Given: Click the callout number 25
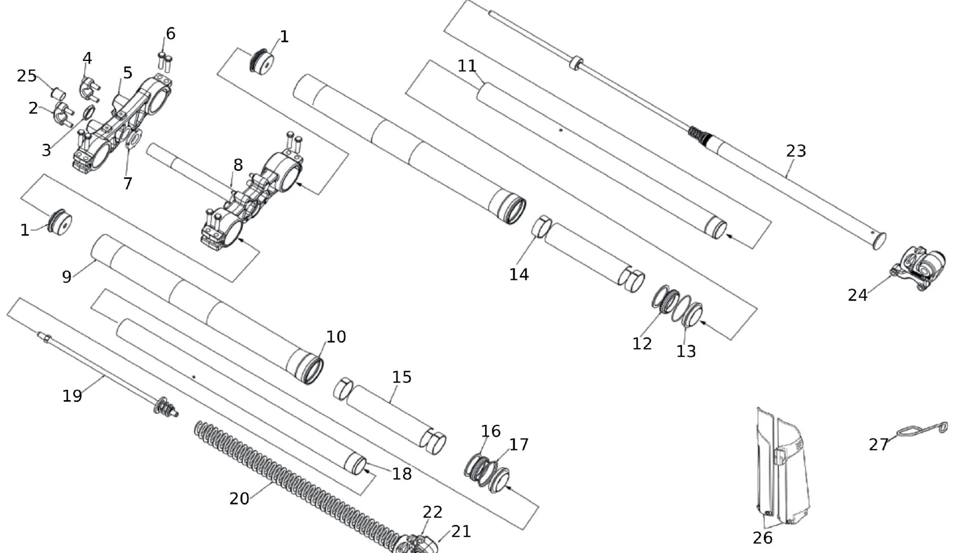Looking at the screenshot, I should (x=27, y=76).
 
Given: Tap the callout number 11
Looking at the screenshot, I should (x=467, y=66).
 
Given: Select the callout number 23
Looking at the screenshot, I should (x=796, y=151).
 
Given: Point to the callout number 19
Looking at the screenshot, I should (x=72, y=396).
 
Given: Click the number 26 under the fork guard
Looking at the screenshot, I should (x=762, y=538).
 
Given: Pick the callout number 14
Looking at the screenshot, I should (x=519, y=274).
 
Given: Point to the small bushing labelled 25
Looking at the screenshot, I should (x=58, y=92).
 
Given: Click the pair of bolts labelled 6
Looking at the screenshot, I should (x=164, y=60).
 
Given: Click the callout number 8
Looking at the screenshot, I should (x=238, y=165).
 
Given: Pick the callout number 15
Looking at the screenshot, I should (x=402, y=377).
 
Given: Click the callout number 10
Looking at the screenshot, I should (x=336, y=337).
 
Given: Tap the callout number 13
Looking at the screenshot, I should (x=686, y=352).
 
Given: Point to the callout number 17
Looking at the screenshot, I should (x=519, y=444).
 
